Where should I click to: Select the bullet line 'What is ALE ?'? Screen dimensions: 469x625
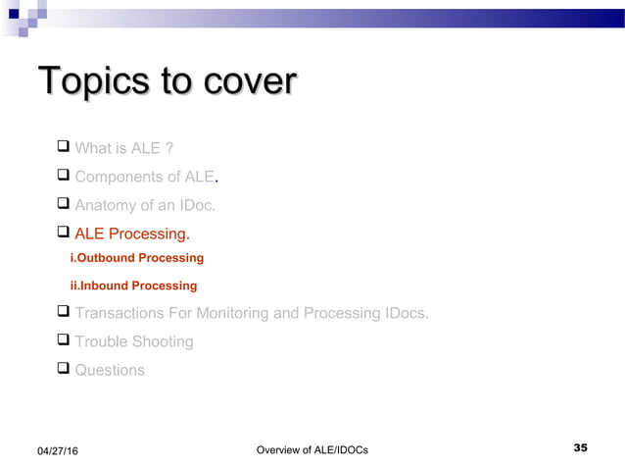[124, 149]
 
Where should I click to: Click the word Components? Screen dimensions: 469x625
[118, 178]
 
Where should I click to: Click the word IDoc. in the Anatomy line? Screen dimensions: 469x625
[195, 206]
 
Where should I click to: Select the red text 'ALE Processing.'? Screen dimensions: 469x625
[132, 234]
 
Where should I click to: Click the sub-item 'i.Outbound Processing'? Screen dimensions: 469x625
[137, 258]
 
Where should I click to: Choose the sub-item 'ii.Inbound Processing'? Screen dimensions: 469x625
[133, 286]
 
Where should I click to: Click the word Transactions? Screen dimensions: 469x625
[125, 314]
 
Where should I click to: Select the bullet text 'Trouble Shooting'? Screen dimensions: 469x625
[134, 341]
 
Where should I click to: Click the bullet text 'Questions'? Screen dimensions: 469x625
[110, 370]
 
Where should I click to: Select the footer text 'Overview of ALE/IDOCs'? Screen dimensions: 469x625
[312, 450]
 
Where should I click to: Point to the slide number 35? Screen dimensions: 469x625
[580, 448]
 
